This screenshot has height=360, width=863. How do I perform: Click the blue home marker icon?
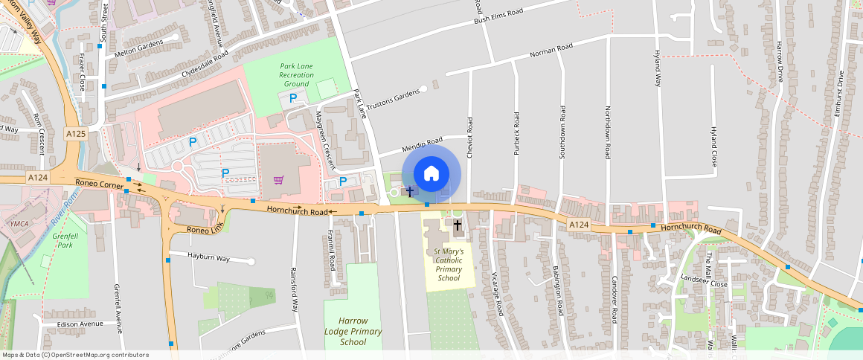[x=431, y=174]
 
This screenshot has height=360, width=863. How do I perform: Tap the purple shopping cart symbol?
[x=278, y=179]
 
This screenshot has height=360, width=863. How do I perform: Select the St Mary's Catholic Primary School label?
[x=449, y=265]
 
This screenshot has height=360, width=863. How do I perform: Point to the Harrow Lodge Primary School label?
[x=353, y=331]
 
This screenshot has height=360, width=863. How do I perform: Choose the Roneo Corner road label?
[x=94, y=183]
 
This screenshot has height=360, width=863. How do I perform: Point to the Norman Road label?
[x=551, y=51]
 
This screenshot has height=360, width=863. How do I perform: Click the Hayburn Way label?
[x=209, y=258]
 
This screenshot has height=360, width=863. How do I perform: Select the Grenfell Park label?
[x=65, y=240]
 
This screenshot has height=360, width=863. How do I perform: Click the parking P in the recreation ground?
[x=293, y=98]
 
